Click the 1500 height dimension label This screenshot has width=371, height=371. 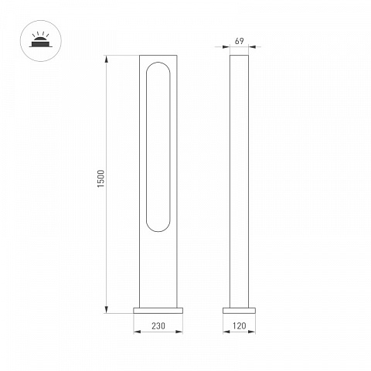[x=101, y=179]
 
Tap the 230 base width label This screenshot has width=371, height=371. [x=158, y=326]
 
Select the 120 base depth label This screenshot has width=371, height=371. [x=239, y=326]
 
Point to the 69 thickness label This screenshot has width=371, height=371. [x=239, y=41]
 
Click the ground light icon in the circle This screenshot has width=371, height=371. [x=41, y=41]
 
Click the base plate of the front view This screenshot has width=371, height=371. [x=158, y=311]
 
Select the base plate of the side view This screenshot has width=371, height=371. [x=239, y=311]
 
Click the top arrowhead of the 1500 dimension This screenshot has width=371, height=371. [x=107, y=59]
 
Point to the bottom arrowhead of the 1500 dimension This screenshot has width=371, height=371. [x=107, y=310]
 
